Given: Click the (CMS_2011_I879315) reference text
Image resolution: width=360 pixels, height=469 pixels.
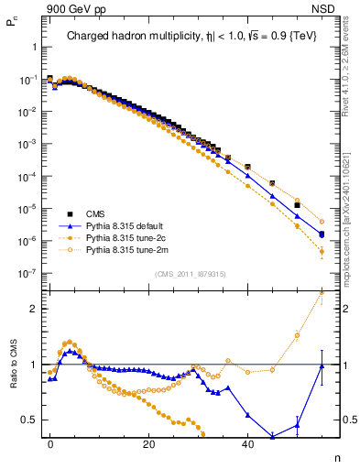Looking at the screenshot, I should (x=191, y=274).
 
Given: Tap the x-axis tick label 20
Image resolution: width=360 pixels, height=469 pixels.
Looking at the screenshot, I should (x=148, y=444).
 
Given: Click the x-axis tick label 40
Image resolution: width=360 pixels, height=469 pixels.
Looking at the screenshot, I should (x=247, y=444).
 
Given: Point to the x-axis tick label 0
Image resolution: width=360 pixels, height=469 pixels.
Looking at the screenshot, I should (x=50, y=444).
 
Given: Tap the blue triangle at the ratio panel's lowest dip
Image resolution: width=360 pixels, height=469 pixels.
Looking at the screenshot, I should (x=272, y=436).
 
